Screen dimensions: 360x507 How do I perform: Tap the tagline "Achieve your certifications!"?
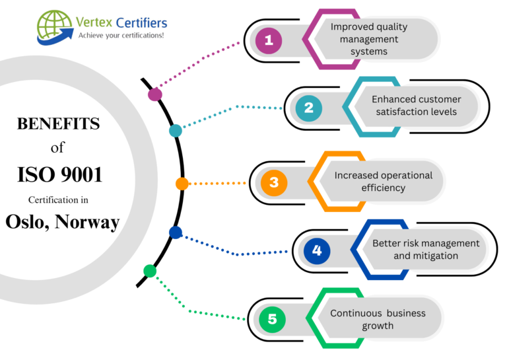pyautogui.click(x=121, y=35)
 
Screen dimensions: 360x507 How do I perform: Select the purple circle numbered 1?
pyautogui.click(x=268, y=41)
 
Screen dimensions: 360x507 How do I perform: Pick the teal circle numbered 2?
pyautogui.click(x=308, y=109)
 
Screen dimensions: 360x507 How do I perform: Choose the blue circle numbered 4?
pyautogui.click(x=317, y=250)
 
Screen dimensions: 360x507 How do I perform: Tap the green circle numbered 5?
pyautogui.click(x=272, y=320)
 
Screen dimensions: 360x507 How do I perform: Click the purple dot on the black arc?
pyautogui.click(x=155, y=94)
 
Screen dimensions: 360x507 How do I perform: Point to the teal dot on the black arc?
pyautogui.click(x=175, y=131)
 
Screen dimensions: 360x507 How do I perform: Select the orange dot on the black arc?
pyautogui.click(x=182, y=184)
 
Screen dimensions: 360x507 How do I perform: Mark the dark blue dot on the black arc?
pyautogui.click(x=175, y=232)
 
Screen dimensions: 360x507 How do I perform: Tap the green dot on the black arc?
pyautogui.click(x=150, y=271)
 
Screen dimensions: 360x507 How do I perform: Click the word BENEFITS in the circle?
pyautogui.click(x=58, y=124)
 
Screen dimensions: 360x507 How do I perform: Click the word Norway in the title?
pyautogui.click(x=88, y=222)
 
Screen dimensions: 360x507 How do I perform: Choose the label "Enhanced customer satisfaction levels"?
pyautogui.click(x=416, y=106)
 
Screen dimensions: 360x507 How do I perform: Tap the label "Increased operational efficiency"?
pyautogui.click(x=383, y=182)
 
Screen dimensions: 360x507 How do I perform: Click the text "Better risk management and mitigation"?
pyautogui.click(x=426, y=249)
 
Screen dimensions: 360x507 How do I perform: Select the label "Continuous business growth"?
pyautogui.click(x=378, y=319)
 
